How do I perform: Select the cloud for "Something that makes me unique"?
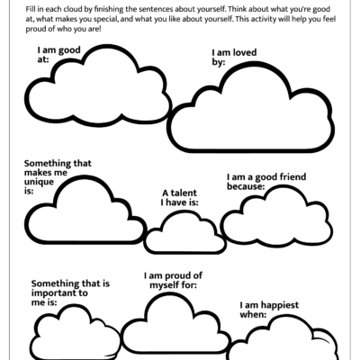[80, 208]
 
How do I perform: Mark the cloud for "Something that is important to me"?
[76, 334]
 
